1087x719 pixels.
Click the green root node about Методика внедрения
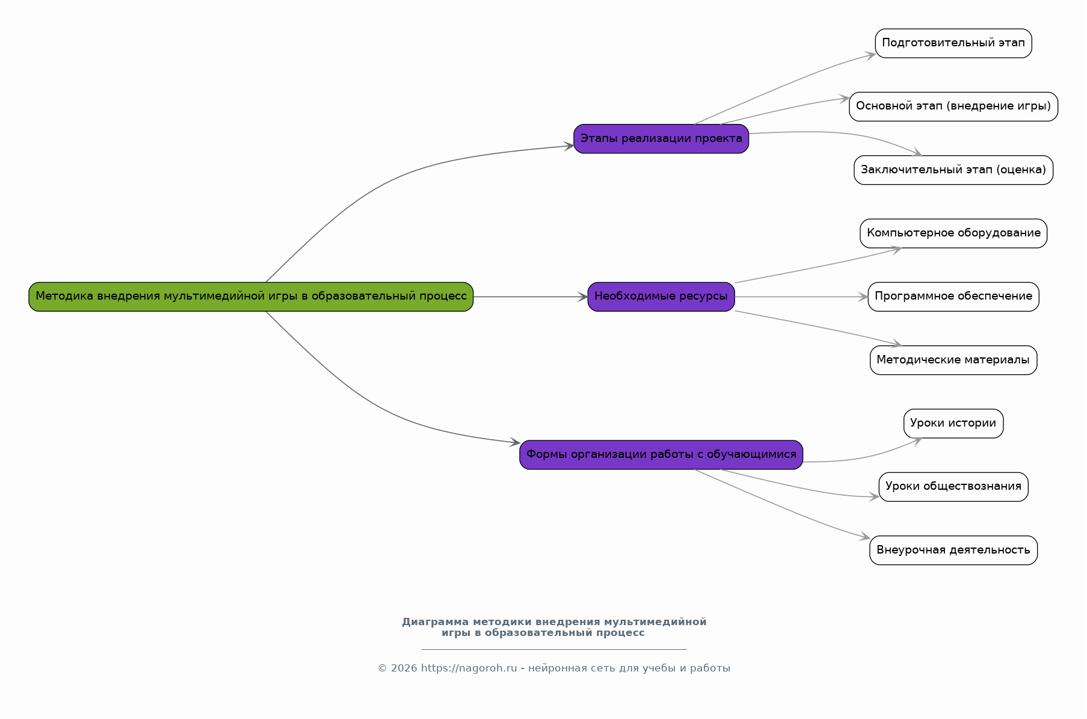click(x=251, y=297)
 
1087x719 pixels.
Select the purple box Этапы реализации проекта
click(x=661, y=139)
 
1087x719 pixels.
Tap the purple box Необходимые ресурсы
click(x=661, y=297)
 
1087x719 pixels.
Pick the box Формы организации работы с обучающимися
click(x=661, y=455)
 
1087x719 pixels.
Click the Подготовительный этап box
click(x=953, y=43)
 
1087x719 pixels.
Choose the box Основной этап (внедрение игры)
click(x=953, y=106)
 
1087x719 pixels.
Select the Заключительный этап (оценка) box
click(x=953, y=170)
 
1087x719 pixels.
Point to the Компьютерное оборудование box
click(x=953, y=233)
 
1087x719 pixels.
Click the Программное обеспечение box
click(x=953, y=297)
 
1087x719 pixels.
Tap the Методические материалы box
click(x=953, y=360)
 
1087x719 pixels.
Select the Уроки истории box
click(x=953, y=424)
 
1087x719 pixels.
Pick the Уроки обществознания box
click(x=953, y=487)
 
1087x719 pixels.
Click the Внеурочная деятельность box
click(x=953, y=551)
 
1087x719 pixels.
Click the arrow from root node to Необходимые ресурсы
click(x=531, y=297)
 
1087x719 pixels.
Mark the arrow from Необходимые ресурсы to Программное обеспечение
click(x=801, y=297)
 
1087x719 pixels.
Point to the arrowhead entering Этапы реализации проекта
click(x=569, y=146)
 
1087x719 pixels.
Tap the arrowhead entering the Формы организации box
click(x=515, y=443)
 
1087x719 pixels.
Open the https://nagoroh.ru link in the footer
click(x=469, y=668)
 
